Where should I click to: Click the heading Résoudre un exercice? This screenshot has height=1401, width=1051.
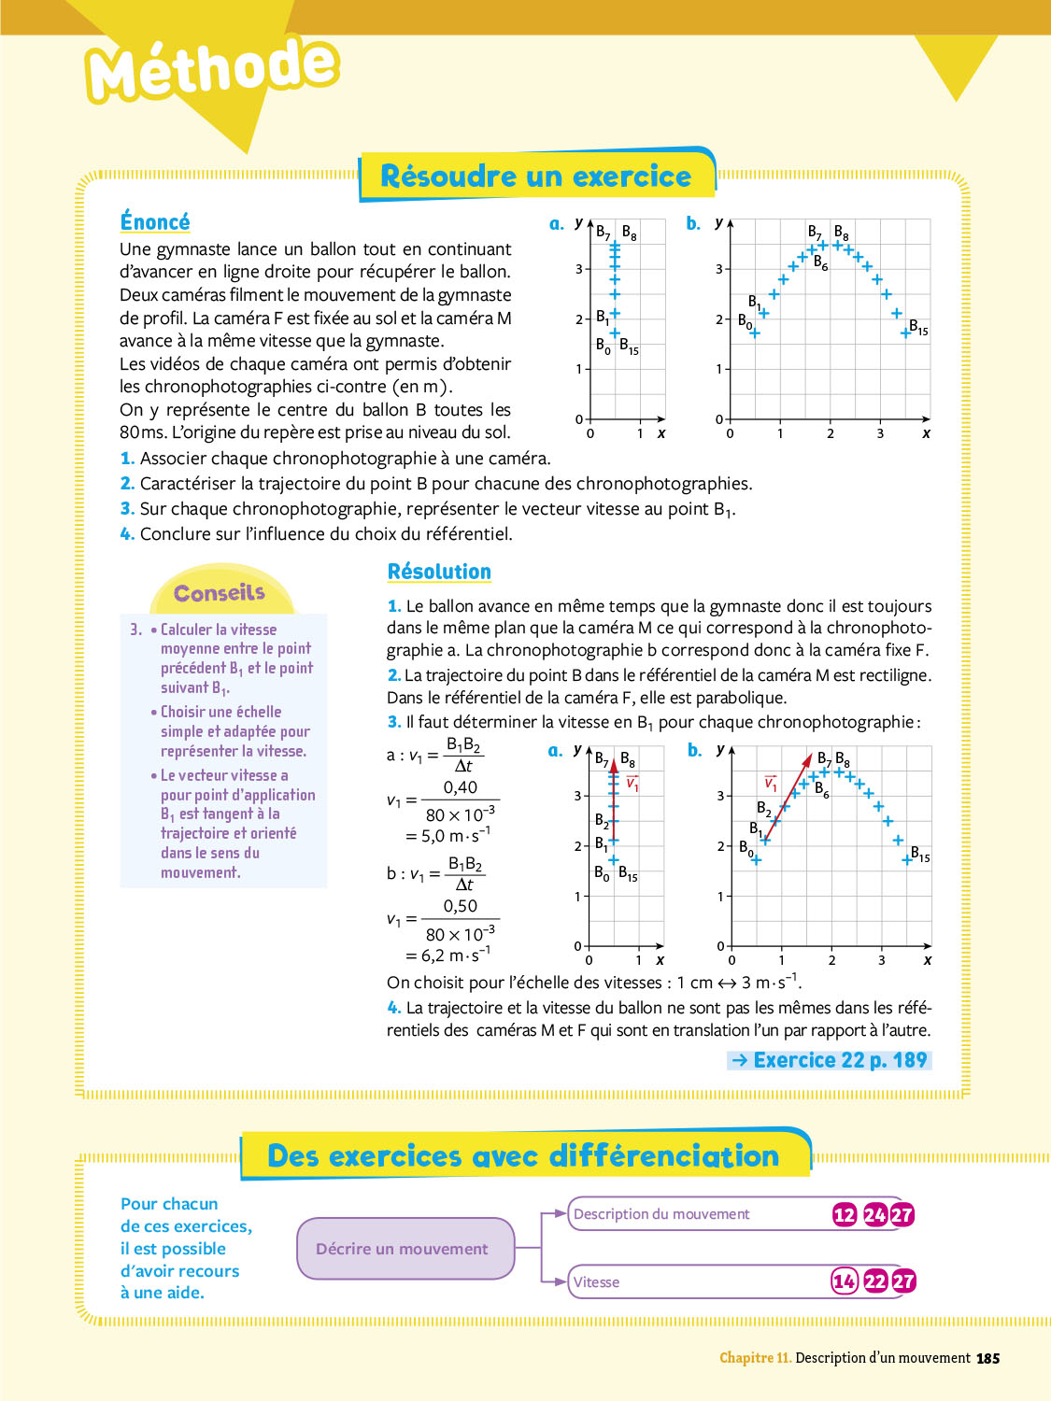(x=536, y=177)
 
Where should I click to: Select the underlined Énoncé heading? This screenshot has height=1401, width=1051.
(x=155, y=222)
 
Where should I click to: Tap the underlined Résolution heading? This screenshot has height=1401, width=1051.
(x=439, y=572)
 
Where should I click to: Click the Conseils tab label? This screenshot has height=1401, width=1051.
(x=220, y=593)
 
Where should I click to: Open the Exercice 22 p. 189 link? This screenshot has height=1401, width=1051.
(x=830, y=1060)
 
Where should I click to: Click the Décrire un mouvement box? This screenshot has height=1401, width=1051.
(x=402, y=1249)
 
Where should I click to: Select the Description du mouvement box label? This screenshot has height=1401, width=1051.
(x=661, y=1214)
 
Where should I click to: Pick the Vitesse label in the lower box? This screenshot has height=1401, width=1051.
(x=597, y=1282)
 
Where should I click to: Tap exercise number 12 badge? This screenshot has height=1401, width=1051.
(x=845, y=1214)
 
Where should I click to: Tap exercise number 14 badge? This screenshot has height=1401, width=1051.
(x=845, y=1281)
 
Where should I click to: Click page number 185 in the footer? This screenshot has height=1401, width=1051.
(x=987, y=1359)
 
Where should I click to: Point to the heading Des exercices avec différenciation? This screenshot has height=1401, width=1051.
(x=523, y=1156)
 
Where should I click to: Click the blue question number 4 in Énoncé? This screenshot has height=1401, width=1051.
(x=127, y=534)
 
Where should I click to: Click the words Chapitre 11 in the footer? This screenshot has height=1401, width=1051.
(x=755, y=1358)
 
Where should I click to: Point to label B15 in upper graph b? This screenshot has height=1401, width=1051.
(x=919, y=327)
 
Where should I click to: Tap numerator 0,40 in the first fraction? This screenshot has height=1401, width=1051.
(x=461, y=787)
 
